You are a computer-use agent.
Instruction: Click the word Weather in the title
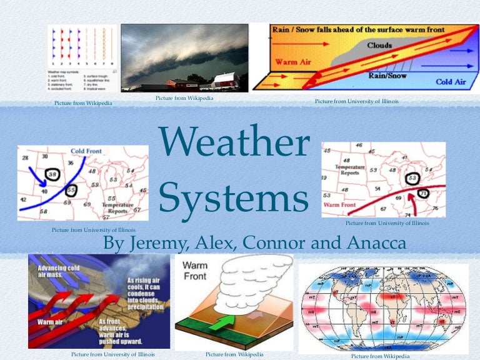[x=235, y=143]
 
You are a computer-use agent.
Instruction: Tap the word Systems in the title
[x=235, y=199]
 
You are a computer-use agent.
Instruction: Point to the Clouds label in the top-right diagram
[x=379, y=46]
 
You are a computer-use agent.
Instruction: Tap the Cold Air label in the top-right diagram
[x=452, y=81]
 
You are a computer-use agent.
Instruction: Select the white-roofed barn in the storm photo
[x=224, y=81]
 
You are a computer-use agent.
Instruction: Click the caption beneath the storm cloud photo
[x=184, y=98]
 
